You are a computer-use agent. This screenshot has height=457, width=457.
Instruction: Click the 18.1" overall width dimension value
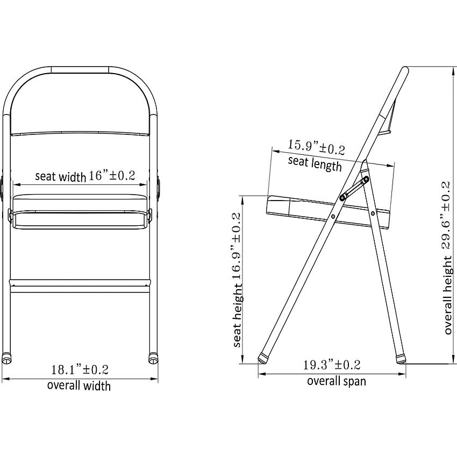click(x=80, y=369)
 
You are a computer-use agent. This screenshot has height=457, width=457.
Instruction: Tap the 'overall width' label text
click(x=79, y=385)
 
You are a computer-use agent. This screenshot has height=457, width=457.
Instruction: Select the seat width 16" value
click(x=112, y=175)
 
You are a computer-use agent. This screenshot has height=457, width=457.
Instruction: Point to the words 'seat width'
click(x=61, y=177)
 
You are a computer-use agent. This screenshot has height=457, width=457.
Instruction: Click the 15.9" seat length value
click(x=317, y=147)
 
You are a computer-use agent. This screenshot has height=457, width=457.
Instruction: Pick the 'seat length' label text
click(x=315, y=163)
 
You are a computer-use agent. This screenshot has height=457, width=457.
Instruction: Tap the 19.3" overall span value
click(x=332, y=365)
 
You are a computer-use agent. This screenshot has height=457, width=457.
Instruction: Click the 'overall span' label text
click(x=337, y=381)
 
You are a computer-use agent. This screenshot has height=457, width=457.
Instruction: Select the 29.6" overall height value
click(x=447, y=216)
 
